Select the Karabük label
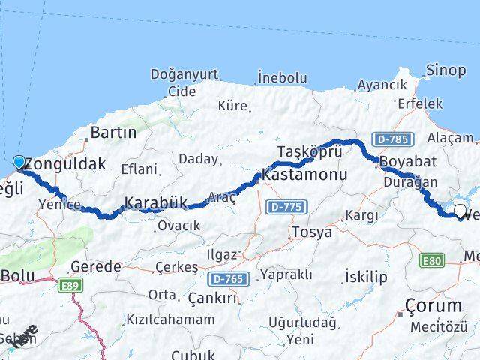(x=157, y=202)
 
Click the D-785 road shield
(x=393, y=139)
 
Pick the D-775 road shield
(x=285, y=204)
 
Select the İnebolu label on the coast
(x=282, y=77)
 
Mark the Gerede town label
(x=95, y=267)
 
